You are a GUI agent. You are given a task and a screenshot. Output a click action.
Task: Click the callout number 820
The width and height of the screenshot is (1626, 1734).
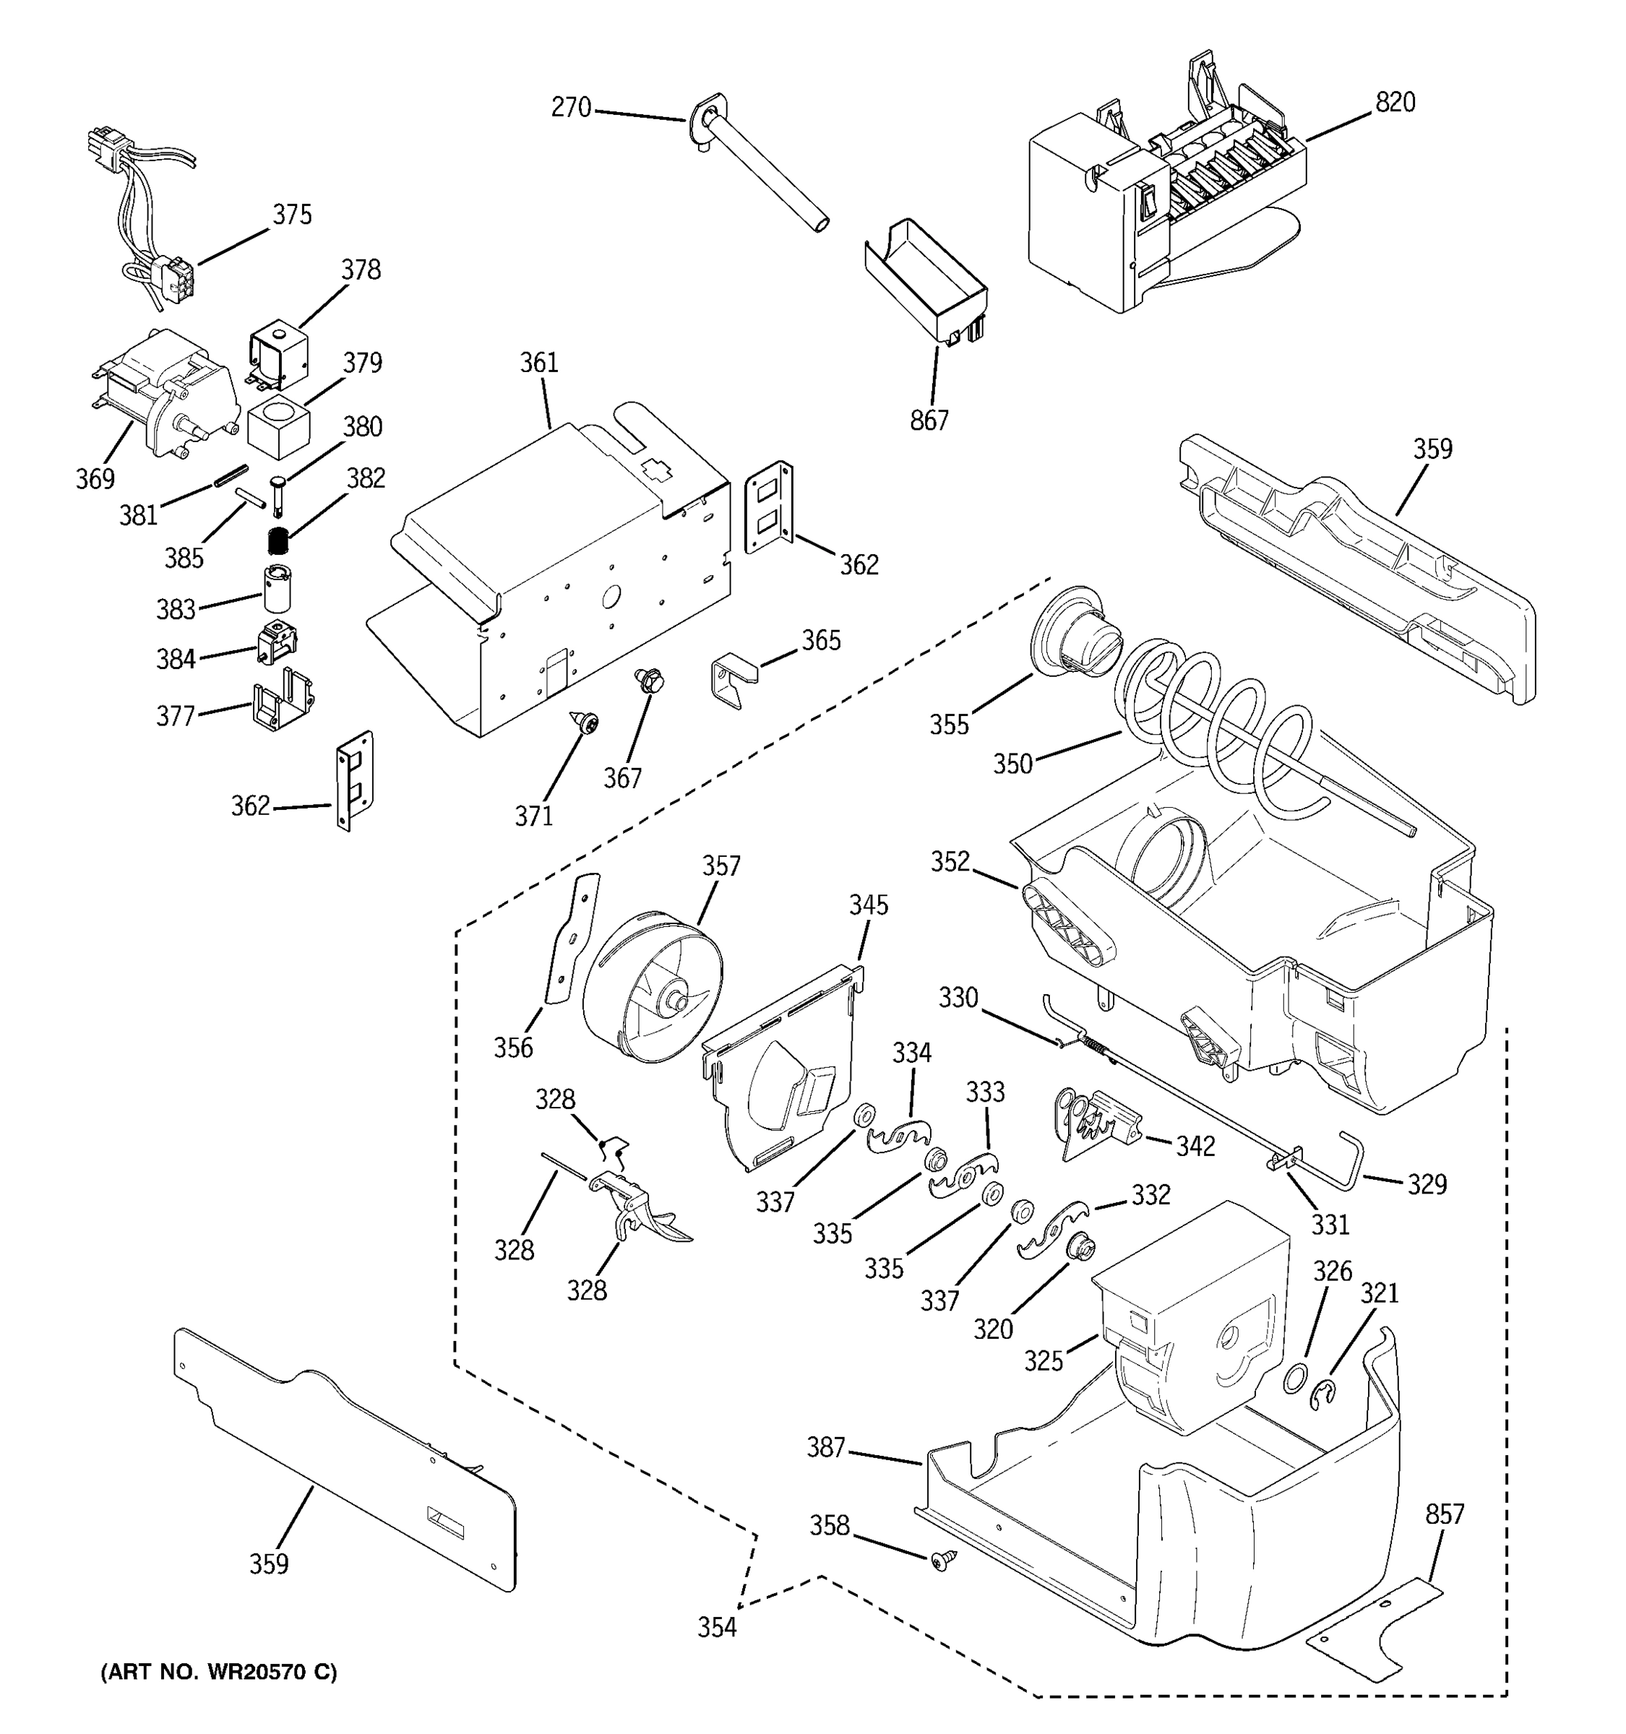pyautogui.click(x=1395, y=103)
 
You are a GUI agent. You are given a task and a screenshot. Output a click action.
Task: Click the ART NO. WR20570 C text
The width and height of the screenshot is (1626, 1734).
pyautogui.click(x=219, y=1672)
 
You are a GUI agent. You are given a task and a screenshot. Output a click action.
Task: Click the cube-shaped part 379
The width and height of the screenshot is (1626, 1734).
pyautogui.click(x=279, y=426)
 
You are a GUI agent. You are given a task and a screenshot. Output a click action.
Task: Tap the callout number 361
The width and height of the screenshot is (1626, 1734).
pyautogui.click(x=539, y=363)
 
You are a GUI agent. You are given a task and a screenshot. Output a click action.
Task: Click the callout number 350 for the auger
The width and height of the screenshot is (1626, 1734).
pyautogui.click(x=1012, y=765)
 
